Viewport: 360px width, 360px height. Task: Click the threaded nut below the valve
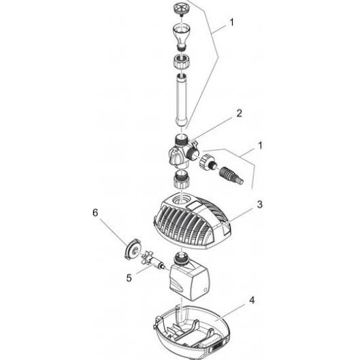point(181,182)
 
